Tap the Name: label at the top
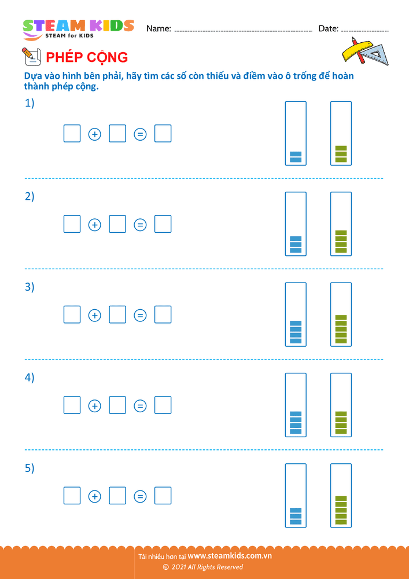tap(159, 28)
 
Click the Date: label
tap(328, 28)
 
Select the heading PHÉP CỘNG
tap(87, 57)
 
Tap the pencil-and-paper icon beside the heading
tap(30, 56)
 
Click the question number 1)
tap(30, 104)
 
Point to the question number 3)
tap(30, 287)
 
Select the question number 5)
tap(30, 468)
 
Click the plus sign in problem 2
tap(94, 225)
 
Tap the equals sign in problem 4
tap(140, 406)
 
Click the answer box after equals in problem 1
tap(163, 134)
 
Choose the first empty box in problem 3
tap(72, 314)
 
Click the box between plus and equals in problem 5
tap(117, 496)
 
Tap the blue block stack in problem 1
tap(296, 157)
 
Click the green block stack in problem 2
tap(341, 241)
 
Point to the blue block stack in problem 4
tap(296, 423)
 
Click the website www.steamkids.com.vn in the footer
tap(230, 556)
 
